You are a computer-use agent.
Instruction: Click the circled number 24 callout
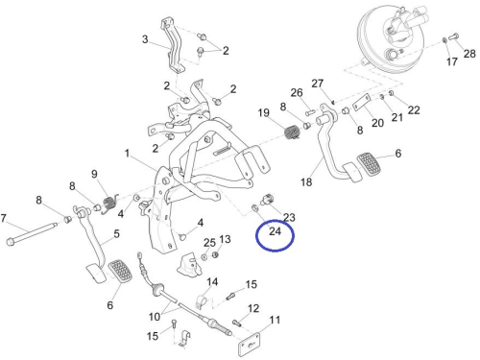[275, 231]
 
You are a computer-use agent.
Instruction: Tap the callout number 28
[469, 54]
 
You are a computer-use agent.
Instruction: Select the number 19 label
[264, 112]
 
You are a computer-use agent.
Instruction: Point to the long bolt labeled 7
[32, 233]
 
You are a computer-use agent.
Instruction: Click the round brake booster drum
[392, 36]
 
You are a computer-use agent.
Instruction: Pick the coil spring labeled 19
[292, 132]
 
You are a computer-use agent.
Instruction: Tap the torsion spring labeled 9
[110, 204]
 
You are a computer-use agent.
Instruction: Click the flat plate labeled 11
[250, 345]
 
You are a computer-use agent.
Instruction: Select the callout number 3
[145, 39]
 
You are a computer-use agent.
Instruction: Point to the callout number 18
[306, 181]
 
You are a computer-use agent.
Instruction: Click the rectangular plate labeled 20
[362, 103]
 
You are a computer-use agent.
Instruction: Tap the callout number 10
[155, 317]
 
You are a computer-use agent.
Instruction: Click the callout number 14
[212, 281]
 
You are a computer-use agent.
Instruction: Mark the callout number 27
[318, 84]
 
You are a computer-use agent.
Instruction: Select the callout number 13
[225, 239]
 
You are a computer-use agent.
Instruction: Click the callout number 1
[127, 154]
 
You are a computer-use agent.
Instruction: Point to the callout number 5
[116, 233]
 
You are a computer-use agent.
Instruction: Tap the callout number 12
[253, 308]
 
